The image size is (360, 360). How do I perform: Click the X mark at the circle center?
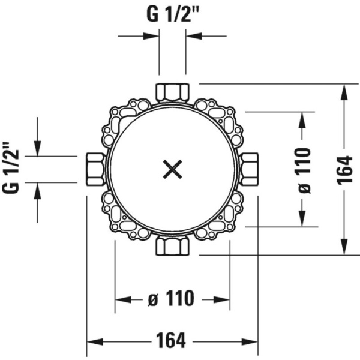(172, 169)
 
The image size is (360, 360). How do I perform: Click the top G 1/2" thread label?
(172, 14)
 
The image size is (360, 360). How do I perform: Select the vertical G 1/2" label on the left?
(11, 167)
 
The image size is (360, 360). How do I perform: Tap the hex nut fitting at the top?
(172, 93)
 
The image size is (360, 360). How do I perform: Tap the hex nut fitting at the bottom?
(172, 246)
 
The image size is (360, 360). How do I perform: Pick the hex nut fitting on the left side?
(95, 169)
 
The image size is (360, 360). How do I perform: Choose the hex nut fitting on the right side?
(249, 169)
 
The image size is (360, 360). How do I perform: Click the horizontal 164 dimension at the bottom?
(171, 341)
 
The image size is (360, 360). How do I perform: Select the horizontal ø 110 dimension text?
(171, 298)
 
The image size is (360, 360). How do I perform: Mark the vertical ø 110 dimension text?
(303, 171)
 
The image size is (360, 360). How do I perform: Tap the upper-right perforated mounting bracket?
(219, 121)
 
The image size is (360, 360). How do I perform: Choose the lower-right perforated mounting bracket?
(219, 217)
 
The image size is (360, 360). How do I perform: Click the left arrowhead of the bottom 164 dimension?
(95, 341)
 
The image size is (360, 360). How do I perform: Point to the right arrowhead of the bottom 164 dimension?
(250, 341)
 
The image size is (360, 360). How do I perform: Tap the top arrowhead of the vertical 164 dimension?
(344, 92)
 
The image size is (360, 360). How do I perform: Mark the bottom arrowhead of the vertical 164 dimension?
(344, 247)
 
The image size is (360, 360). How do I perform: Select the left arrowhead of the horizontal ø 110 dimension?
(123, 299)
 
